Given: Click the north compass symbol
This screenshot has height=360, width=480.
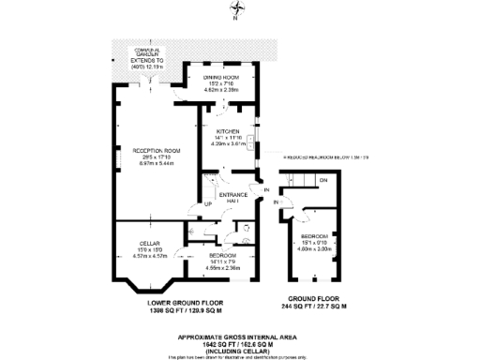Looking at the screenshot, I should coord(238,12).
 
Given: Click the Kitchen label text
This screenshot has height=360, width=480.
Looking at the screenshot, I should coord(229,131).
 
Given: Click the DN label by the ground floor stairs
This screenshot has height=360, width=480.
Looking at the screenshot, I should coord(322,179).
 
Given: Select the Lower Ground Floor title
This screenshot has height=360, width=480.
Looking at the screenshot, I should coord(185,302).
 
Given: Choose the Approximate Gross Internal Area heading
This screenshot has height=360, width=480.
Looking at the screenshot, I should coord(239,337).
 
